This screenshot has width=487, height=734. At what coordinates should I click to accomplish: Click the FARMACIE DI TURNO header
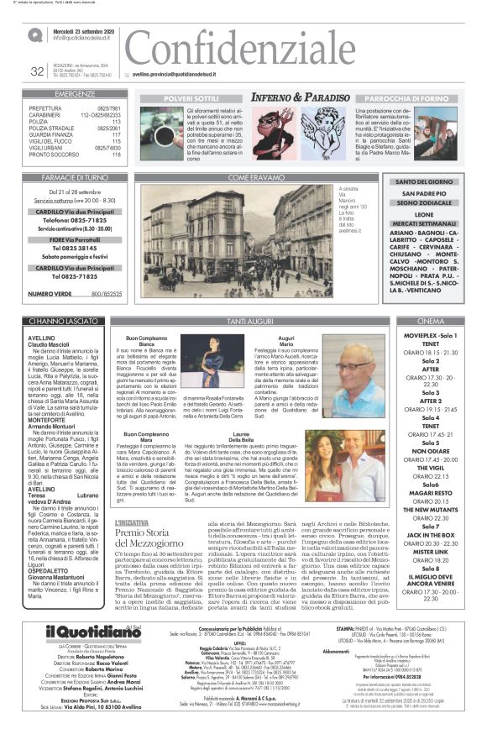coord(75,178)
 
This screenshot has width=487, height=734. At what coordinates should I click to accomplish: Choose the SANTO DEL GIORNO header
coord(424,182)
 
